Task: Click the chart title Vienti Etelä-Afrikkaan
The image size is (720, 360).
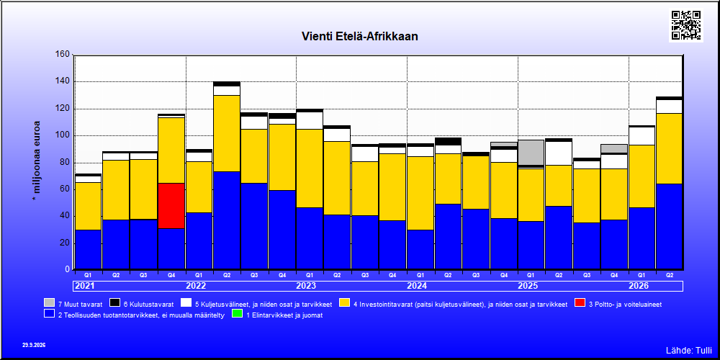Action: pyautogui.click(x=359, y=36)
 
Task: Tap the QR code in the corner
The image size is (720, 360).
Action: pyautogui.click(x=686, y=24)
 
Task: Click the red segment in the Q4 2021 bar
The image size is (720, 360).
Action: pyautogui.click(x=171, y=206)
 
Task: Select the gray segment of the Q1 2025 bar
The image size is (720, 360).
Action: pyautogui.click(x=531, y=153)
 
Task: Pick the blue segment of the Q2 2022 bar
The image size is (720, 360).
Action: pyautogui.click(x=226, y=220)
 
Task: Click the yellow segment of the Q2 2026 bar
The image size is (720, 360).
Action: pyautogui.click(x=669, y=149)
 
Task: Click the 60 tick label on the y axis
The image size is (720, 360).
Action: pyautogui.click(x=65, y=189)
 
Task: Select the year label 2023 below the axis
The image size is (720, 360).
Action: pyautogui.click(x=306, y=286)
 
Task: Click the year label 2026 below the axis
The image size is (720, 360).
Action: pyautogui.click(x=639, y=286)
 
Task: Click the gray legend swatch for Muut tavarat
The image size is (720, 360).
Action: pyautogui.click(x=50, y=303)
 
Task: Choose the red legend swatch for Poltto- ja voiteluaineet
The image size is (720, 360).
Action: pyautogui.click(x=580, y=303)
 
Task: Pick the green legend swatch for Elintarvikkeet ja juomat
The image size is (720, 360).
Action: pyautogui.click(x=238, y=314)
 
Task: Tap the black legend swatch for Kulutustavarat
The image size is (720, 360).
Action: pyautogui.click(x=115, y=303)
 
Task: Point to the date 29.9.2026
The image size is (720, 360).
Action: pyautogui.click(x=34, y=345)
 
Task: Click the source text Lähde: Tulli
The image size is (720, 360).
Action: pyautogui.click(x=689, y=351)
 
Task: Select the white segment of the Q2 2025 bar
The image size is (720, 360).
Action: pyautogui.click(x=559, y=153)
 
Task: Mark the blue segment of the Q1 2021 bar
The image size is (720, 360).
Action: pyautogui.click(x=88, y=249)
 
